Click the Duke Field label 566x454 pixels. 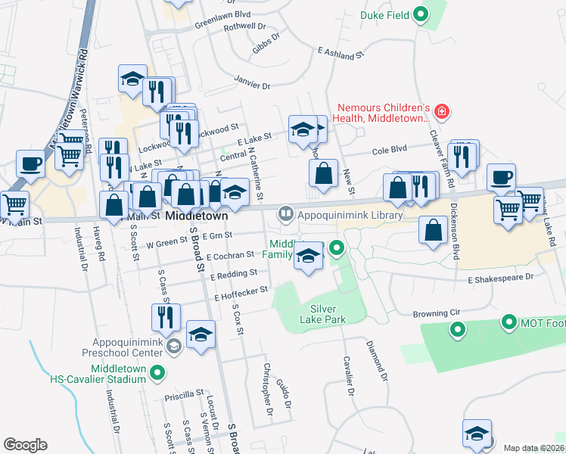[384, 14]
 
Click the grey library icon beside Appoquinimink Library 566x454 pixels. [286, 213]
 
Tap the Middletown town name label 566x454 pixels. [197, 215]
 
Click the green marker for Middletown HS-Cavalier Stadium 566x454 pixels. [157, 372]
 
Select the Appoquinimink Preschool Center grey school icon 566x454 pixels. [174, 346]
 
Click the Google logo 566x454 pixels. [26, 445]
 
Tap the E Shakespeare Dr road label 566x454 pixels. [500, 278]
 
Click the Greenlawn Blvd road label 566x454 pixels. [222, 14]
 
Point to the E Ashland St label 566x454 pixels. [341, 54]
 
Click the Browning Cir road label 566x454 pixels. [436, 313]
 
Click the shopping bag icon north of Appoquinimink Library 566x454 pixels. [323, 173]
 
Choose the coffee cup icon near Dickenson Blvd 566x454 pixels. [501, 178]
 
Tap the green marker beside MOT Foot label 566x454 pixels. [508, 323]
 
